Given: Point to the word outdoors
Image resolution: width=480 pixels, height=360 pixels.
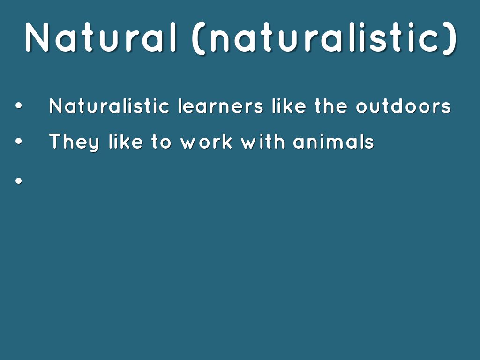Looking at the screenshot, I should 403,106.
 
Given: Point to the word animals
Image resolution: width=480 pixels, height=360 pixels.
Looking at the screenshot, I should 334,142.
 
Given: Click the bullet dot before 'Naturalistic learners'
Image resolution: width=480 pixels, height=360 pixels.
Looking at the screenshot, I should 19,106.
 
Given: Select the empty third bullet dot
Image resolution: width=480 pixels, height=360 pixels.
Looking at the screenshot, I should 19,181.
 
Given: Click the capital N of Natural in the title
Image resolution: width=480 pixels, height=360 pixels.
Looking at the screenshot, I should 37,37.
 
